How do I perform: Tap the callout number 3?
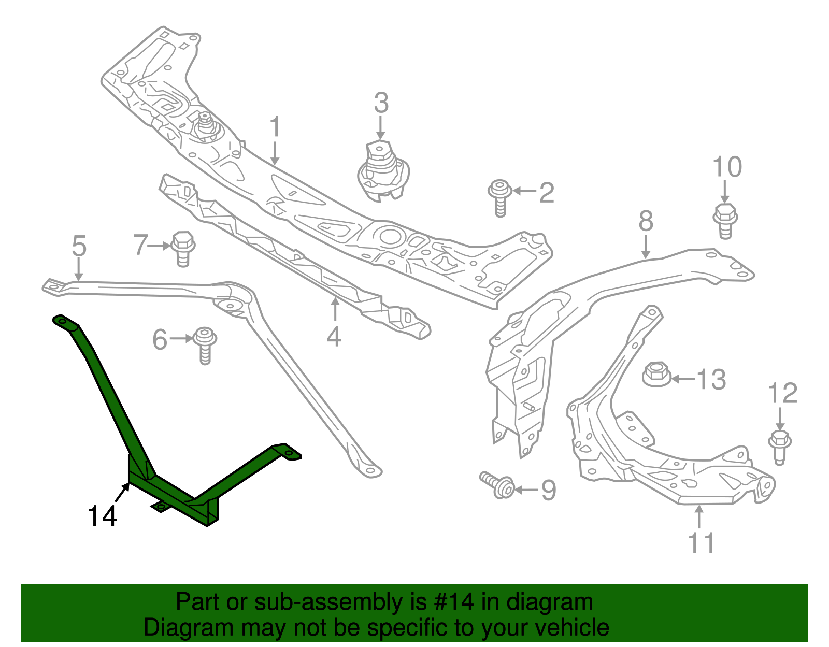pyautogui.click(x=381, y=103)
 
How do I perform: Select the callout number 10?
pyautogui.click(x=727, y=167)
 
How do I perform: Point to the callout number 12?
pyautogui.click(x=782, y=394)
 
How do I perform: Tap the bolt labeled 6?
pyautogui.click(x=205, y=344)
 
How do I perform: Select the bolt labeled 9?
pyautogui.click(x=498, y=485)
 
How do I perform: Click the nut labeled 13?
pyautogui.click(x=656, y=374)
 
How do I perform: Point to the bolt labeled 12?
pyautogui.click(x=779, y=444)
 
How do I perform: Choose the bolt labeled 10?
pyautogui.click(x=725, y=220)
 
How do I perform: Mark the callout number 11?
pyautogui.click(x=701, y=543)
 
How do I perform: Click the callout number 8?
pyautogui.click(x=646, y=221)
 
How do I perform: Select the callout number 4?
pyautogui.click(x=334, y=337)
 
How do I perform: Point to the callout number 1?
pyautogui.click(x=275, y=127)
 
